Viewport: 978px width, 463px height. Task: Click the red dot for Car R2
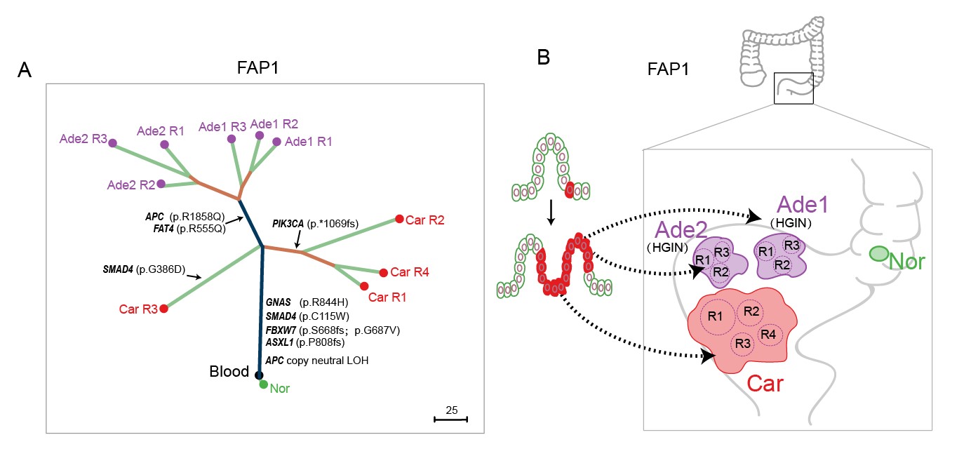(x=399, y=219)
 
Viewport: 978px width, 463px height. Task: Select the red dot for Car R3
(x=163, y=308)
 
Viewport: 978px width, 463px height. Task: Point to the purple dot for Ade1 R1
(x=276, y=142)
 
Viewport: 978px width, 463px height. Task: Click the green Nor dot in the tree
(x=263, y=384)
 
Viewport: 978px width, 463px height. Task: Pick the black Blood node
(x=259, y=375)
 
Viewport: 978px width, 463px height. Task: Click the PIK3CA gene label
(x=288, y=224)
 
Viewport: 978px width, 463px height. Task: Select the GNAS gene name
(x=279, y=302)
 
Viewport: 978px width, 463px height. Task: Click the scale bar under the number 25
(x=450, y=420)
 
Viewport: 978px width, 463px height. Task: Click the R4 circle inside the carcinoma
(x=768, y=333)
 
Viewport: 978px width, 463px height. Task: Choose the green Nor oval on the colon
(x=876, y=254)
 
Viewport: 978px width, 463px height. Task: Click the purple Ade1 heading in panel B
(x=802, y=206)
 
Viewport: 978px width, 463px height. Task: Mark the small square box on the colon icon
(x=793, y=88)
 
